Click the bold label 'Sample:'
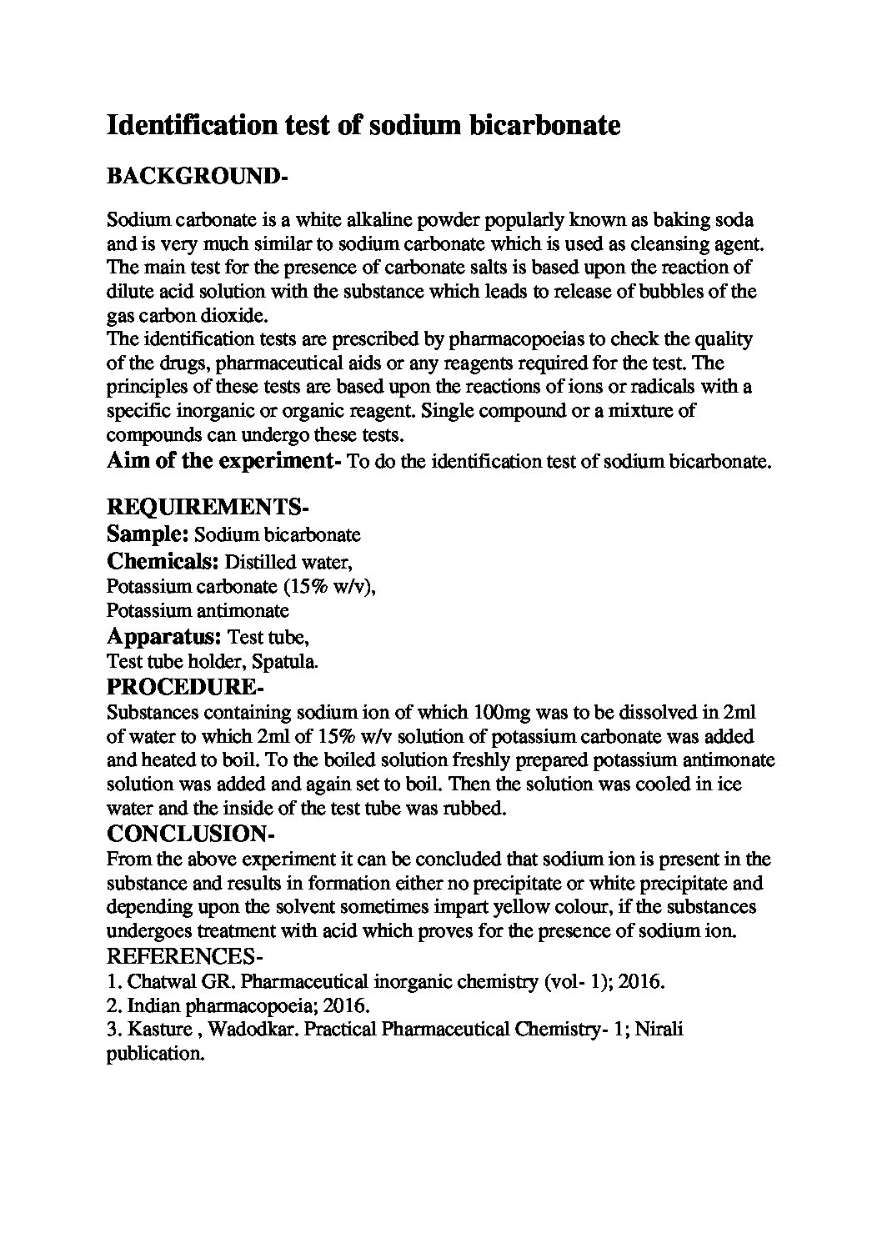tap(148, 534)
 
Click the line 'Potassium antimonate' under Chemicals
tap(198, 611)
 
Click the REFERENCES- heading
tap(186, 955)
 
